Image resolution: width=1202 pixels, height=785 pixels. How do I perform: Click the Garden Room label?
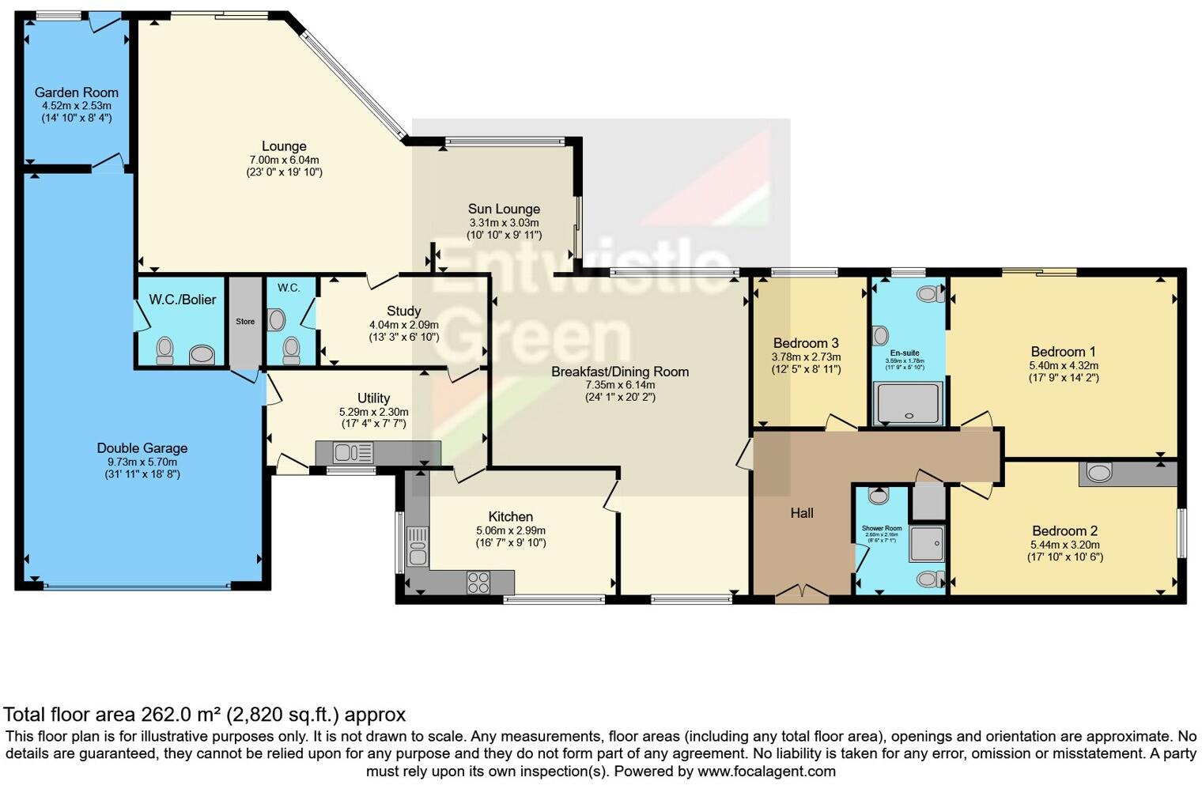(76, 92)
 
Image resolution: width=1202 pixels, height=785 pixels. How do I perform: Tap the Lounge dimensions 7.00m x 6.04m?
(284, 160)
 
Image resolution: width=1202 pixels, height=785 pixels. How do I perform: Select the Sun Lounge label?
(504, 209)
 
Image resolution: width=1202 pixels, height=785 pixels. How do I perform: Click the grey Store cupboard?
(245, 322)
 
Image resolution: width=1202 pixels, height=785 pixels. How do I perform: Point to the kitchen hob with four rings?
(478, 583)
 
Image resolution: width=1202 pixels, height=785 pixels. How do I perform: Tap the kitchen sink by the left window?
(417, 546)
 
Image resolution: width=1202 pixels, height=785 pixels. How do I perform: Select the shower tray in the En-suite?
(908, 403)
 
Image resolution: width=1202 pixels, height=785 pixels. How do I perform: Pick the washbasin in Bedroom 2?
(1099, 474)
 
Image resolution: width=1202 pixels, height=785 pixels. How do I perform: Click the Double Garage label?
(142, 448)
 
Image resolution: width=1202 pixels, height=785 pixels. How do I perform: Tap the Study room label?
(403, 311)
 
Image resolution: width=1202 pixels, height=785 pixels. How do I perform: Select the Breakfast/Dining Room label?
(620, 372)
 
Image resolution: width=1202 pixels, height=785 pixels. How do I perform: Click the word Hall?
(802, 513)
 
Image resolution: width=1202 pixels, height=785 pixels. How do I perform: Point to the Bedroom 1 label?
(1063, 352)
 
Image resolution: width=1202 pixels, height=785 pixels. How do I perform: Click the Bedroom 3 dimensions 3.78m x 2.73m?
(806, 357)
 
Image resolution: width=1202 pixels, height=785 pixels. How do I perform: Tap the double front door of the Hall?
(802, 593)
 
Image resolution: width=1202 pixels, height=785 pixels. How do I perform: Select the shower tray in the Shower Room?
(927, 543)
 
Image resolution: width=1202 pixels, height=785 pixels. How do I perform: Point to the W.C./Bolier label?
(183, 300)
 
